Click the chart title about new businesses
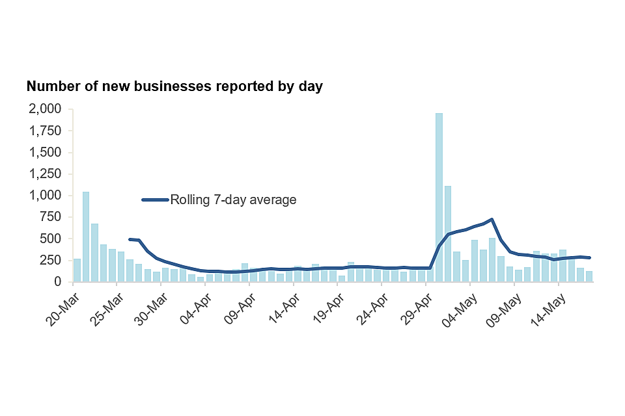[x=174, y=86]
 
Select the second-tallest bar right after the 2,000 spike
[x=448, y=234]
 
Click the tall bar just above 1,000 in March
[x=86, y=237]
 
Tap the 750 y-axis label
[x=51, y=217]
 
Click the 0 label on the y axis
[x=59, y=282]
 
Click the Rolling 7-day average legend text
[x=233, y=200]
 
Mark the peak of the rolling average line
[x=492, y=220]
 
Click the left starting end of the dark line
[x=130, y=239]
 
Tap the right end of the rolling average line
[x=589, y=257]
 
